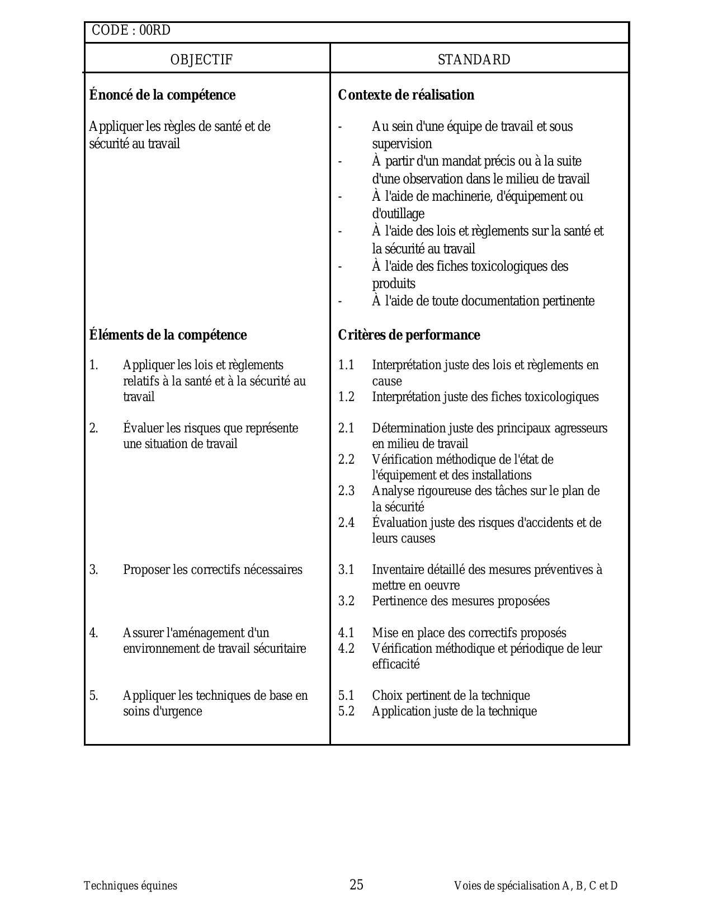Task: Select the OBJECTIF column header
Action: (201, 60)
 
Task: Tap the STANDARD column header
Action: (474, 60)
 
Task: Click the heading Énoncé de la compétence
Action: (162, 95)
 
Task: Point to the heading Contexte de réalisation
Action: (406, 95)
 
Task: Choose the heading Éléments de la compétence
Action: (168, 335)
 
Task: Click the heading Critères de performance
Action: (409, 335)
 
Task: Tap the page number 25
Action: (356, 884)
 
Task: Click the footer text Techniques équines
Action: (130, 886)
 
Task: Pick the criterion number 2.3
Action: (346, 491)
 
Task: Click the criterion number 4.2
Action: (346, 649)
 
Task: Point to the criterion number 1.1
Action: (346, 365)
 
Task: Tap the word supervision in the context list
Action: (402, 144)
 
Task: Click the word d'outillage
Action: (398, 214)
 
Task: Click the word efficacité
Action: (396, 665)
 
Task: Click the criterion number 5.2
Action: (346, 712)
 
